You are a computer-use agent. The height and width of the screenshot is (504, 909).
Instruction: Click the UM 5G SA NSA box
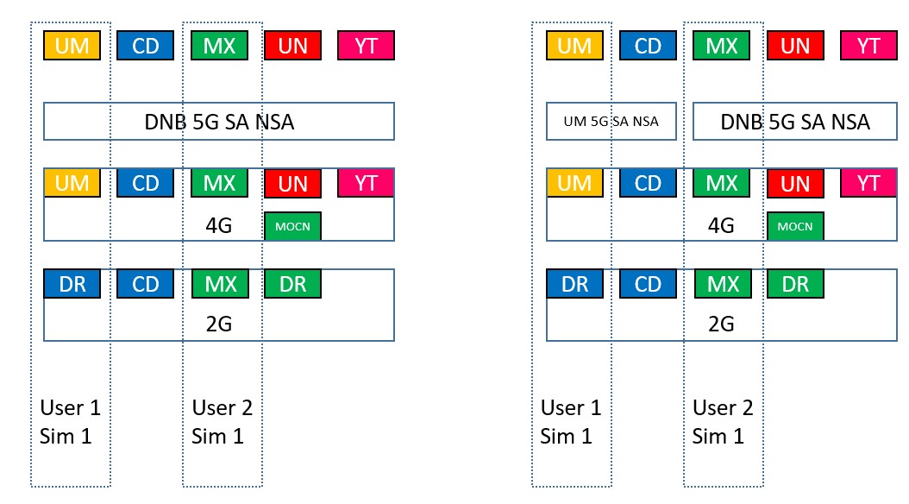pyautogui.click(x=611, y=121)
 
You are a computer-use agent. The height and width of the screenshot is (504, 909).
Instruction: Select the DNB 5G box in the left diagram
pyautogui.click(x=219, y=121)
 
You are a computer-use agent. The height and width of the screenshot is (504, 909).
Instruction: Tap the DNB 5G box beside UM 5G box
pyautogui.click(x=795, y=121)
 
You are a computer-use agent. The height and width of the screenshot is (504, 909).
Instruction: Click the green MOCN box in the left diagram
pyautogui.click(x=292, y=226)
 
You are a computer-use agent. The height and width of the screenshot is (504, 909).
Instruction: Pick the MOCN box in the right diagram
pyautogui.click(x=795, y=226)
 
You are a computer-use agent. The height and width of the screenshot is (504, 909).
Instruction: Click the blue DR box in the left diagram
pyautogui.click(x=72, y=284)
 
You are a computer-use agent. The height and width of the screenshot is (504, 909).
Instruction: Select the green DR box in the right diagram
pyautogui.click(x=795, y=284)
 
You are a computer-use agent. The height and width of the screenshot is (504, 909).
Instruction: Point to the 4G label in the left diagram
pyautogui.click(x=219, y=225)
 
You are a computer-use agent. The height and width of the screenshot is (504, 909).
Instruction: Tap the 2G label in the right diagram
pyautogui.click(x=721, y=324)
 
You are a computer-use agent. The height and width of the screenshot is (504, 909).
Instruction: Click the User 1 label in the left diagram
pyautogui.click(x=70, y=407)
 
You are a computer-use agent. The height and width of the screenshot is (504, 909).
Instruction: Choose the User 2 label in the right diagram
pyautogui.click(x=723, y=407)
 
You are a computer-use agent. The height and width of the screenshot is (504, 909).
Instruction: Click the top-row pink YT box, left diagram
pyautogui.click(x=367, y=45)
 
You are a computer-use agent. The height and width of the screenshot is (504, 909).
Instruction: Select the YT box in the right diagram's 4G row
pyautogui.click(x=868, y=183)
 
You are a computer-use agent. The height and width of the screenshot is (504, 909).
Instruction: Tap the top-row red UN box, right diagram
pyautogui.click(x=795, y=45)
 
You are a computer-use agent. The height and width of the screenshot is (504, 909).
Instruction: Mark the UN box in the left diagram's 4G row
pyautogui.click(x=292, y=183)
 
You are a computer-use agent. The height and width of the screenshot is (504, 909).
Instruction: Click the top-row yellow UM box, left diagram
pyautogui.click(x=72, y=45)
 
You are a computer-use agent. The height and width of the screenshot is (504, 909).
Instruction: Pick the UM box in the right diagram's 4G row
pyautogui.click(x=574, y=183)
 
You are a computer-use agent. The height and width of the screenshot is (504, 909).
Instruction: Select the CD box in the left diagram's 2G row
pyautogui.click(x=146, y=284)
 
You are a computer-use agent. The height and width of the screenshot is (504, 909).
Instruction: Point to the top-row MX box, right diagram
pyautogui.click(x=722, y=45)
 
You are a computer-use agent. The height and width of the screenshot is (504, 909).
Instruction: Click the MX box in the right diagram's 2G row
pyautogui.click(x=723, y=284)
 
